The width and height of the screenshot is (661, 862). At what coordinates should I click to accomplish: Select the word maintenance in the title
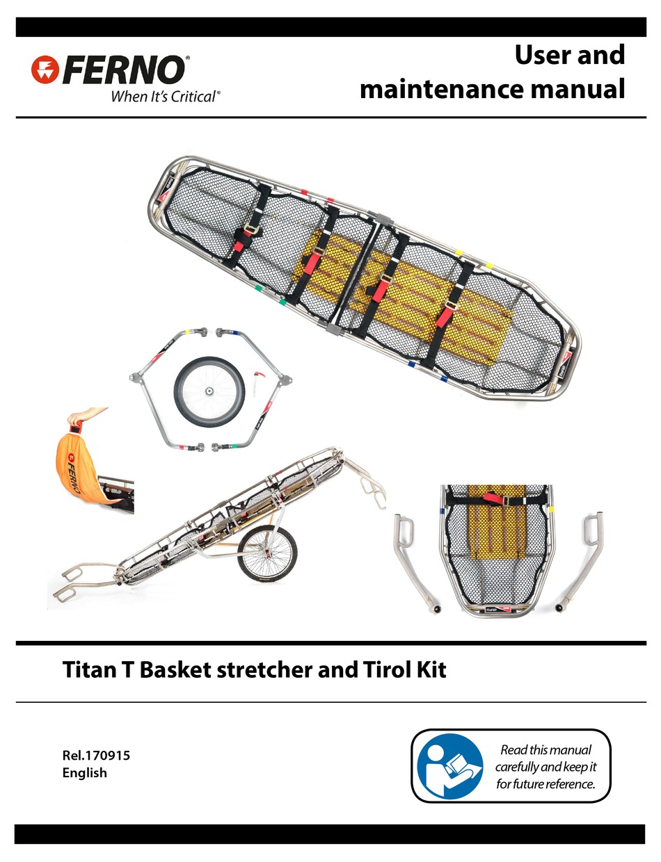point(446,89)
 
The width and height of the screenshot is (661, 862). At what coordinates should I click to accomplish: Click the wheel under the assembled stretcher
point(266,553)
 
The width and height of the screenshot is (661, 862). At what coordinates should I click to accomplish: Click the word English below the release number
point(85,772)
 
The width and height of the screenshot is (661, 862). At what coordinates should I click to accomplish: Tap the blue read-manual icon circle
point(449,765)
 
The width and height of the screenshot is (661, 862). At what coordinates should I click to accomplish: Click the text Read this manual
point(545,750)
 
